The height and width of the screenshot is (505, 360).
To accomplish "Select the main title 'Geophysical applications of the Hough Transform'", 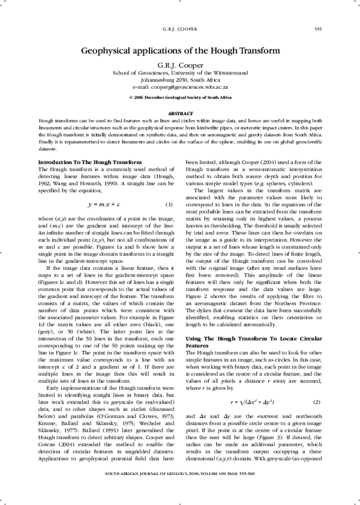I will tap(179, 52).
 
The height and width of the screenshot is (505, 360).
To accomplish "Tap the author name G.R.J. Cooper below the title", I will tap(179, 65).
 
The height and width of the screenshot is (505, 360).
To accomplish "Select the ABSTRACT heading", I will tap(179, 113).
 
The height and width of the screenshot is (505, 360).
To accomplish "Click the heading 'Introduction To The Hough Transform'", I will tap(90, 163).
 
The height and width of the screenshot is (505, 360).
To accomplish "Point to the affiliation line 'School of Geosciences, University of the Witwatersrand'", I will tap(179, 73).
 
